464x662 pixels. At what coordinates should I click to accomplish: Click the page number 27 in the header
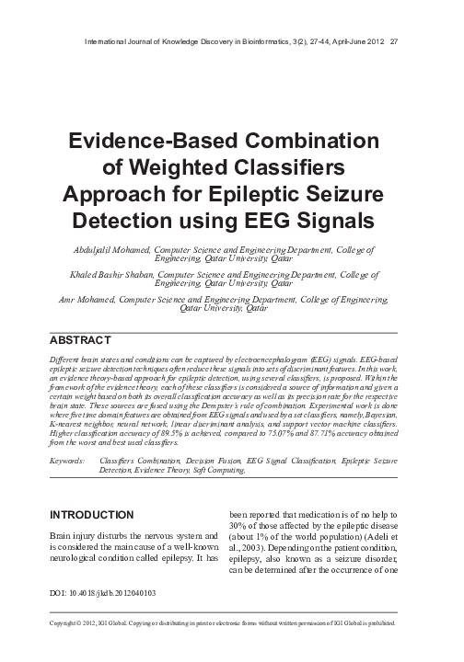[x=393, y=40]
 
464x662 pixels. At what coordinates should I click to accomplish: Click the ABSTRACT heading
[x=87, y=340]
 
